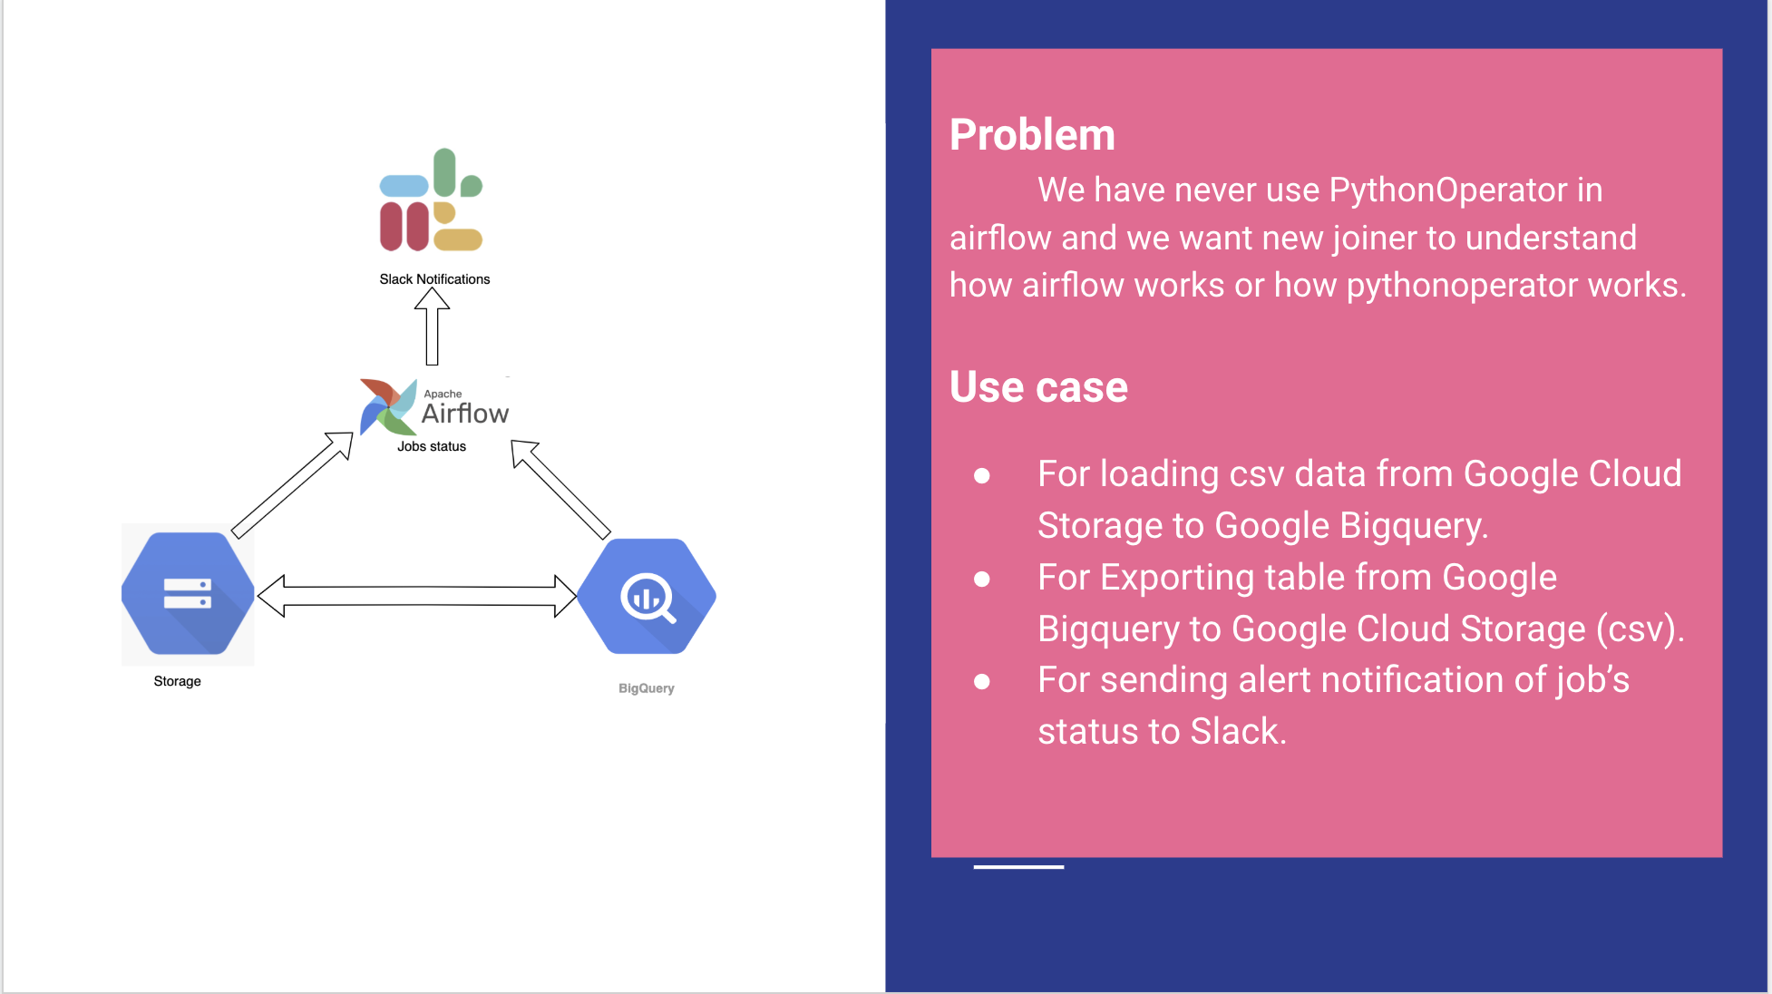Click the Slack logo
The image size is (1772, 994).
[x=431, y=200]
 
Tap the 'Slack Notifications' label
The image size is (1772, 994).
[x=434, y=279]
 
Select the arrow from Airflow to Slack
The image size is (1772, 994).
[x=433, y=326]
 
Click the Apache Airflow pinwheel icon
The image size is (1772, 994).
[x=387, y=407]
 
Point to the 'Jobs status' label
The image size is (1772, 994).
[x=432, y=446]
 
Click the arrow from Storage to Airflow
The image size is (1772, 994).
[x=292, y=484]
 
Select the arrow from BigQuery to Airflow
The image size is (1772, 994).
[x=560, y=489]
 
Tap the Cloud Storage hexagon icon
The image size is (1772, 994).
[x=188, y=594]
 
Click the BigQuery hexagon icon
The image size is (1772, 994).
[x=647, y=596]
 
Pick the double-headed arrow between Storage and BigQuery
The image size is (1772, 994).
[x=417, y=596]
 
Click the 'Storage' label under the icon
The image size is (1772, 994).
[x=177, y=681]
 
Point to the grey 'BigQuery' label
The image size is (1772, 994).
[x=646, y=688]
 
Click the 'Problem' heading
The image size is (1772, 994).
[x=1032, y=135]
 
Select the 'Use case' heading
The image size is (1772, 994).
[x=1038, y=387]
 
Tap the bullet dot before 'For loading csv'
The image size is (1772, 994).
[x=981, y=475]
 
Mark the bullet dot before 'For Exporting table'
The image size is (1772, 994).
[x=981, y=579]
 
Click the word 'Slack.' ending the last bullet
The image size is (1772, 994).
[x=1238, y=732]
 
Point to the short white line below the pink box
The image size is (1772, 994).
[x=1018, y=867]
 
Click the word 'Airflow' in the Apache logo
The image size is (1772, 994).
[x=465, y=414]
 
